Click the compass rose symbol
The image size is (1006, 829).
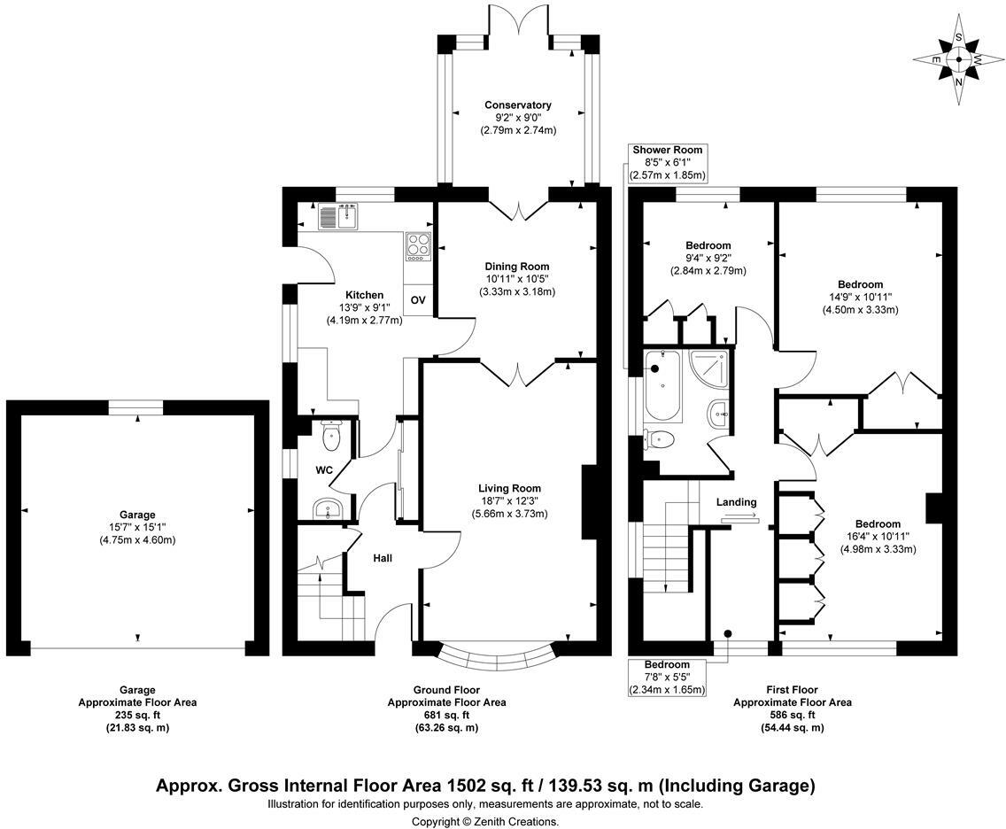(x=958, y=59)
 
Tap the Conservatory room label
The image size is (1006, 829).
(x=518, y=105)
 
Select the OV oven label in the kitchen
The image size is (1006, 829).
(x=418, y=299)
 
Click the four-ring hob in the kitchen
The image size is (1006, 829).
(x=418, y=246)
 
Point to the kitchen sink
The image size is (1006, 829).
(x=339, y=215)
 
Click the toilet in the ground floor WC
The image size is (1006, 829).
(x=330, y=437)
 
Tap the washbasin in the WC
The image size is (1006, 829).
(x=329, y=509)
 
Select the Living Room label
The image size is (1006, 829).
(x=509, y=488)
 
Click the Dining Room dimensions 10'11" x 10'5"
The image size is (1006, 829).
(x=517, y=278)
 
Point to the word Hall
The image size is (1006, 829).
(x=383, y=558)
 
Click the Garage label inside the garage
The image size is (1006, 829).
(x=137, y=515)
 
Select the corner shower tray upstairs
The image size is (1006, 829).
(x=709, y=370)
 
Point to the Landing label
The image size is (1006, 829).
(x=737, y=502)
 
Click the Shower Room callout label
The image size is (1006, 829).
(x=668, y=162)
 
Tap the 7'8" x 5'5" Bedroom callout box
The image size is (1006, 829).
(x=667, y=677)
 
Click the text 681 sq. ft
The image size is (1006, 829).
(x=446, y=715)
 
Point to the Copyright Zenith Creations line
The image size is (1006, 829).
(x=485, y=821)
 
